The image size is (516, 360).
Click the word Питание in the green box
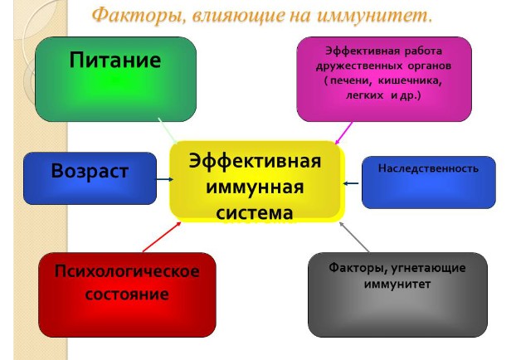pos(115,60)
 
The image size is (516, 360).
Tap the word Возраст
pos(90,172)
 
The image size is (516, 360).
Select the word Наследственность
pos(428,168)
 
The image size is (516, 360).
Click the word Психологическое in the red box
pos(127,272)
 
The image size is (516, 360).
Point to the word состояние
pos(127,294)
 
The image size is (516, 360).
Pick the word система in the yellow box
pos(255,213)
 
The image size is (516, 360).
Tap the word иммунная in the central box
pos(255,187)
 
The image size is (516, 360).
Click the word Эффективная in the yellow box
pos(255,162)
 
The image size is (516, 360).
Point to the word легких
pos(365,95)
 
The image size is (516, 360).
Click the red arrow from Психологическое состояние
pos(162,237)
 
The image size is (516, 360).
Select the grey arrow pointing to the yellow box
pos(354,237)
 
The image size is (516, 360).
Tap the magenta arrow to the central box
pos(343,133)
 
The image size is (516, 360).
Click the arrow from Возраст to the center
pos(164,179)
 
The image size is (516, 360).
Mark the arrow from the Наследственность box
pos(351,183)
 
